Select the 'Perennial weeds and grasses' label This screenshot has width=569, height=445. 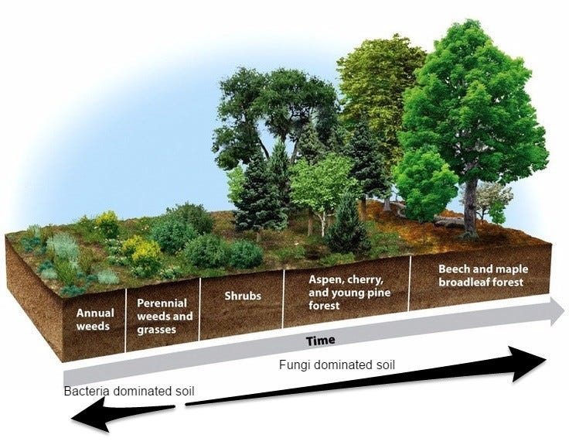point(165,317)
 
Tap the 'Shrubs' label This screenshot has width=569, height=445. point(243,296)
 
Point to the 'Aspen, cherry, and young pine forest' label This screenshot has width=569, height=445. point(349,293)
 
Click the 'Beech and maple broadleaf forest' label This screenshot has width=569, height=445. point(483,276)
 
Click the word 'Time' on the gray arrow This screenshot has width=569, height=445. point(320,341)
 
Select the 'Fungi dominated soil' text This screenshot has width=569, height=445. point(337,365)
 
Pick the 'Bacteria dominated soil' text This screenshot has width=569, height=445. point(129,392)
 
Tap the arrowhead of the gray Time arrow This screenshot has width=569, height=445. point(558,311)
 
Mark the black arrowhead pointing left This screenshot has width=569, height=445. point(89,415)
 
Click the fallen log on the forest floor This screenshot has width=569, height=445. point(449,221)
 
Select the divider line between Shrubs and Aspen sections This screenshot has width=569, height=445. point(284,299)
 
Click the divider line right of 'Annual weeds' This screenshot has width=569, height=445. point(125,320)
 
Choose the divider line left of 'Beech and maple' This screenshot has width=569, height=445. point(409,283)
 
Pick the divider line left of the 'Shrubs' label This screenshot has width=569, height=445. point(200,309)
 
